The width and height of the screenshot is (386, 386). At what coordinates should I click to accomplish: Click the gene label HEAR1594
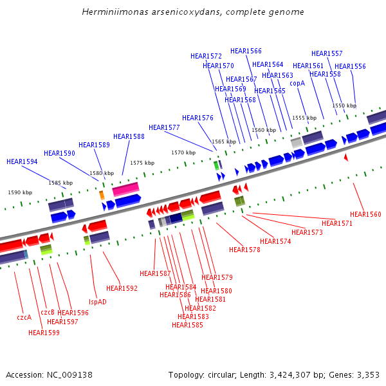(x=22, y=161)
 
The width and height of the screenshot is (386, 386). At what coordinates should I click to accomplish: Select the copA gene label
(x=297, y=83)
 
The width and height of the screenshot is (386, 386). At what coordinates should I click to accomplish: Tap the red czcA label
(x=24, y=317)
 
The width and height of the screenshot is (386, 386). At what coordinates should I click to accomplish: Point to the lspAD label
(x=98, y=302)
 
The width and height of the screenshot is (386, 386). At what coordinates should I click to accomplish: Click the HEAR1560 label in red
(x=365, y=214)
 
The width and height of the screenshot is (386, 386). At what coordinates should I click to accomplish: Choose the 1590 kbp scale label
(x=20, y=192)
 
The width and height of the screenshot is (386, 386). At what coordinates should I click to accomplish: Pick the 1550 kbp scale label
(x=344, y=106)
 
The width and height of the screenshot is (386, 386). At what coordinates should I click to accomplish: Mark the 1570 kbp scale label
(x=183, y=152)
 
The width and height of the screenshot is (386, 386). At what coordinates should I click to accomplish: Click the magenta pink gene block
(x=125, y=189)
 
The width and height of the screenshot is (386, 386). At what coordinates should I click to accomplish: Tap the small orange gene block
(x=102, y=195)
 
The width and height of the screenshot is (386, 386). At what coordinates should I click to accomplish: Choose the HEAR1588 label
(x=129, y=136)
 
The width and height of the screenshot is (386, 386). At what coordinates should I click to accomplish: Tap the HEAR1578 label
(x=244, y=250)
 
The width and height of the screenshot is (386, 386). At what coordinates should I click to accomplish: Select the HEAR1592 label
(x=122, y=288)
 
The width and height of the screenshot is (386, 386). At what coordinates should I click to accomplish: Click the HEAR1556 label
(x=350, y=66)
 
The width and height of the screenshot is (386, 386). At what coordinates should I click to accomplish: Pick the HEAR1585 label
(x=187, y=325)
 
